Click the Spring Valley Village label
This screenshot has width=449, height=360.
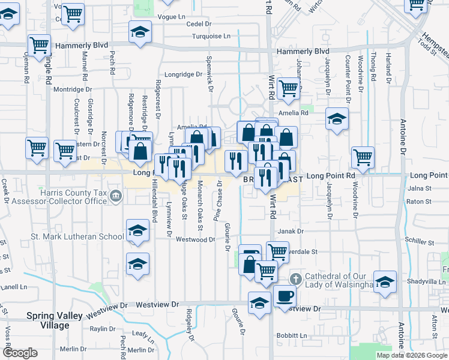[x=47, y=320]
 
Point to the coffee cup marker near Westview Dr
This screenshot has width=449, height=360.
[x=285, y=296]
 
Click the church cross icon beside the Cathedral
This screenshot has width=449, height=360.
[x=295, y=280]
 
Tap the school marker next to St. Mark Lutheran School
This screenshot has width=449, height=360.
[x=137, y=231]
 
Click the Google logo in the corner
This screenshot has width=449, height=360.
[x=20, y=353]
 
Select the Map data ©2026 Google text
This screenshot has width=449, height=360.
[x=412, y=355]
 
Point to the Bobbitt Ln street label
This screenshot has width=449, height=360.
[x=292, y=335]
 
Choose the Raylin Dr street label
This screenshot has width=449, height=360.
[x=102, y=329]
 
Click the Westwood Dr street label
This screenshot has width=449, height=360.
[x=195, y=239]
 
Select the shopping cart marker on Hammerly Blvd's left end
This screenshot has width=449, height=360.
[x=39, y=45]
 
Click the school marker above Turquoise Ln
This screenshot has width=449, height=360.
[x=140, y=32]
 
